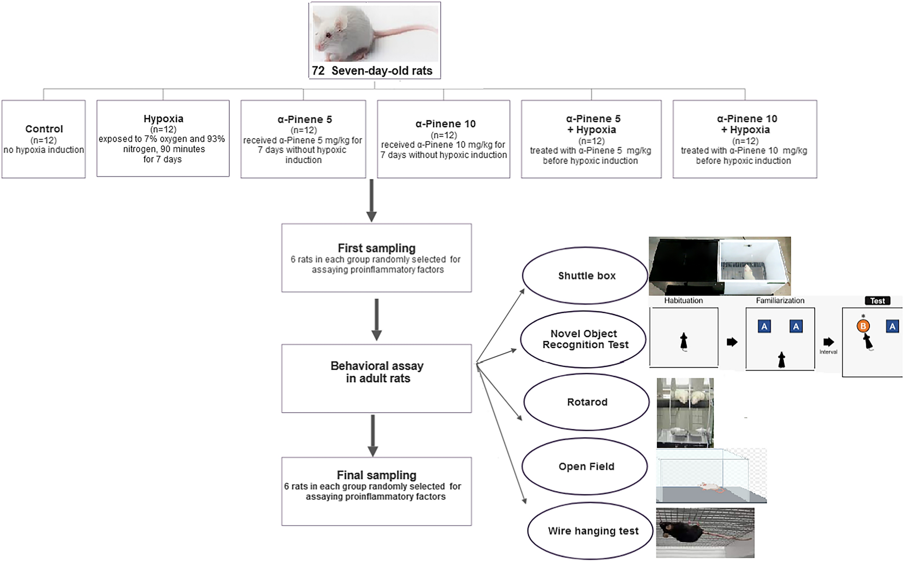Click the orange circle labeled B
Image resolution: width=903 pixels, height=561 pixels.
(863, 326)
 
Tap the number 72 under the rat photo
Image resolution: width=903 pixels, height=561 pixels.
(318, 71)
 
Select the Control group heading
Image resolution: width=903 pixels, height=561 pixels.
(44, 129)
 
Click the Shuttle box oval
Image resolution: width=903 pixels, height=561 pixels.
(586, 276)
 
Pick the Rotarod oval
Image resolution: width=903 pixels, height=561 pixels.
(587, 402)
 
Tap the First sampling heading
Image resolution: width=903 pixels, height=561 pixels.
(376, 248)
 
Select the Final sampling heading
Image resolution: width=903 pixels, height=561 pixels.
(376, 475)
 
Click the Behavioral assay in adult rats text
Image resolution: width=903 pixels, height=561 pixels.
(377, 372)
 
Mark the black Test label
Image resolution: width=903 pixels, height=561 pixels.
(877, 301)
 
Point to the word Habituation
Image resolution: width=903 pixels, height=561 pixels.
(683, 301)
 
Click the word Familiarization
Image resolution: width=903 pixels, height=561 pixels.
(780, 301)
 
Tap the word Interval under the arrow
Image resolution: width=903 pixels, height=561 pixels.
(828, 352)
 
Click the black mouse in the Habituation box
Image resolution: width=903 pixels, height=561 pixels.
(683, 341)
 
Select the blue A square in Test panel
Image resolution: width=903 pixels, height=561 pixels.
(892, 326)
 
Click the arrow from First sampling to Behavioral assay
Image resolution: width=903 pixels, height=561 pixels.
(377, 319)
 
